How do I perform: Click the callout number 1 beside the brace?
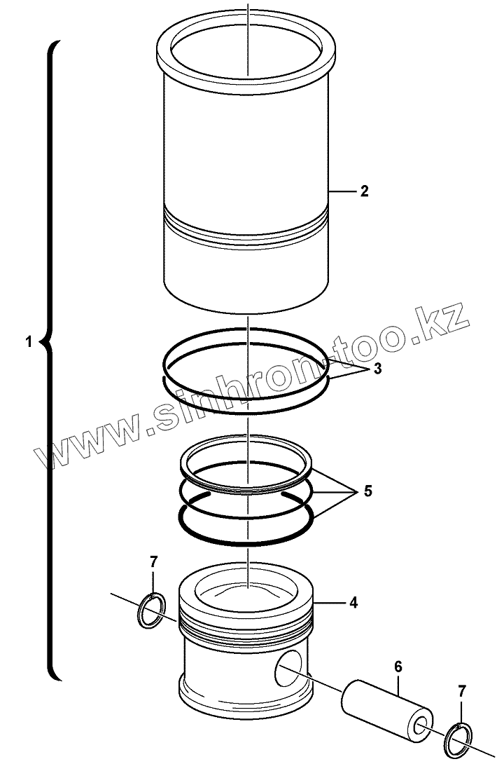[29, 342]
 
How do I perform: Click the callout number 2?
[364, 191]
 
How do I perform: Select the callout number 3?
[377, 368]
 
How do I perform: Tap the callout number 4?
[353, 602]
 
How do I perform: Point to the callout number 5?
[368, 491]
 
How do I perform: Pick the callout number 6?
[398, 667]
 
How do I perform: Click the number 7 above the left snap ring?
[153, 561]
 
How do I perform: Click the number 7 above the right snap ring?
[461, 691]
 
